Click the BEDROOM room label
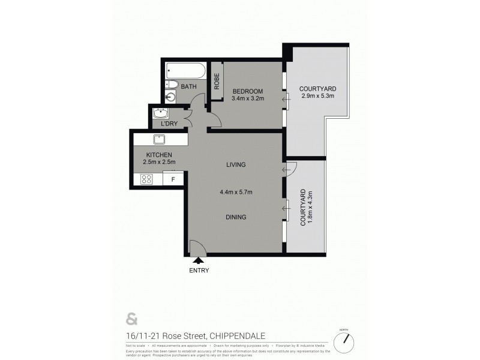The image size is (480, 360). [x=248, y=91]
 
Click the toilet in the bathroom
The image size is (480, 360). [x=170, y=85]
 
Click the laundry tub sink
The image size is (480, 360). [x=161, y=113]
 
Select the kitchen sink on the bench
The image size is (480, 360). [x=160, y=140]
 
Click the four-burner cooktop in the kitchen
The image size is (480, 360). [x=146, y=178]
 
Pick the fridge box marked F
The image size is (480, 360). [x=173, y=179]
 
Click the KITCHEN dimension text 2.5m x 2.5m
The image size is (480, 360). [x=158, y=162]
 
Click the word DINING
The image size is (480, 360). [x=236, y=217]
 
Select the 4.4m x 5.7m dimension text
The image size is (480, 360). [x=236, y=192]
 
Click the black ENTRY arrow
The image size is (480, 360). [x=197, y=260]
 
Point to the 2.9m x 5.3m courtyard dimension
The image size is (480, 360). [x=317, y=96]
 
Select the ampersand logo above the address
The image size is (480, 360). [x=131, y=317]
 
